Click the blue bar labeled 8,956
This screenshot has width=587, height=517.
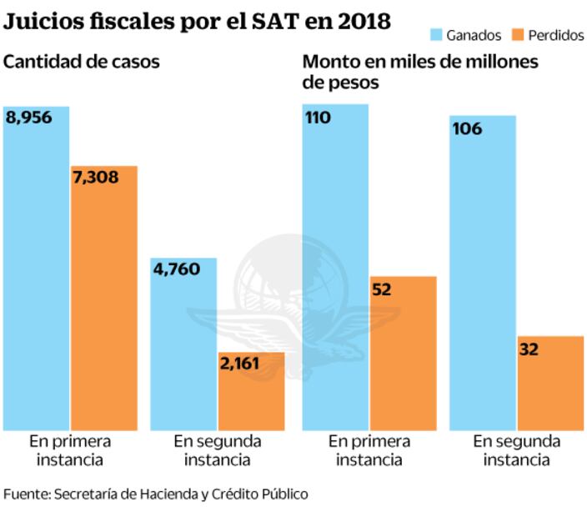tap(37, 275)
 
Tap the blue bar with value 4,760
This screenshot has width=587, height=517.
tap(183, 350)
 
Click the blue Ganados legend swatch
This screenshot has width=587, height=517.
tap(435, 35)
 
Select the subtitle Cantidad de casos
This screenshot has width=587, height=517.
tap(82, 61)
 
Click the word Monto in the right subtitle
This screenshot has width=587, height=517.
tap(331, 62)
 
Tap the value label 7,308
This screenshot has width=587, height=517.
tap(96, 177)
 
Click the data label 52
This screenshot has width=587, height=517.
tap(383, 289)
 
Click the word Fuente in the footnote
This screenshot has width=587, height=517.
tap(26, 494)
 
